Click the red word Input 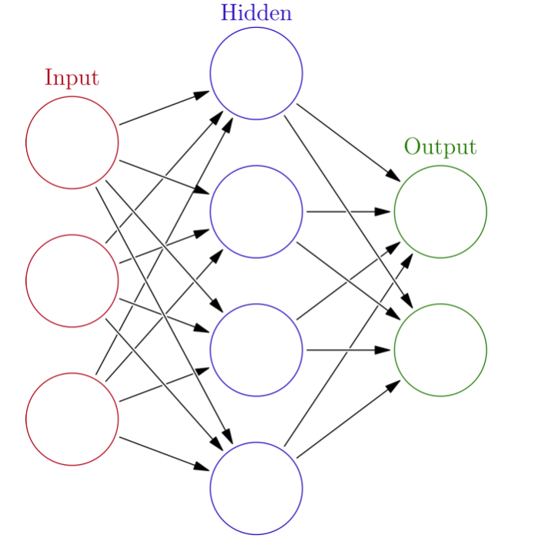(72, 78)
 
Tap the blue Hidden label (256, 13)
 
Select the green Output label (440, 146)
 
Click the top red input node (72, 143)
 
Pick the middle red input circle (72, 281)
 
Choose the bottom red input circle (72, 419)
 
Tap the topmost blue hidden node (256, 74)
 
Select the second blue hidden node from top (256, 212)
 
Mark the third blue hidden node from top (256, 350)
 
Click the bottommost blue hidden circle (256, 488)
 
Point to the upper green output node (440, 212)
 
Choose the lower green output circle (440, 350)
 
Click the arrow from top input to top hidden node (164, 108)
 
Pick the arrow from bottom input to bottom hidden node (164, 453)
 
